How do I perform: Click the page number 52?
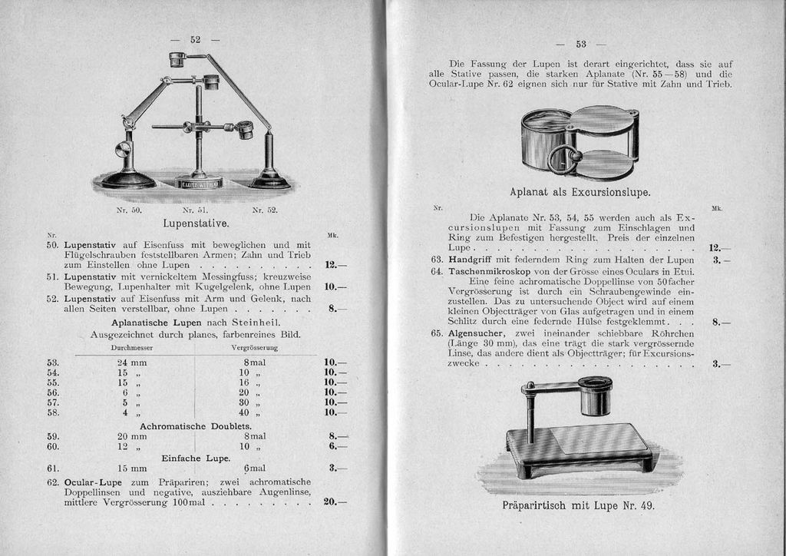[195, 40]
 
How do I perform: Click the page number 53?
[581, 44]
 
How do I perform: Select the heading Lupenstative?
[196, 223]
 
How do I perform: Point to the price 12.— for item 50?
[335, 265]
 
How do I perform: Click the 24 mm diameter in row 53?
[132, 362]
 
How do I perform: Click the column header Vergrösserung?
[254, 347]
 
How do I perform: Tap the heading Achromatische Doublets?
[196, 426]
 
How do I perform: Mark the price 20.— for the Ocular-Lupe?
[335, 501]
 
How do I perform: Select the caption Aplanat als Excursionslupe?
[580, 192]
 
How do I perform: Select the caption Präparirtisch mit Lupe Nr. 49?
[579, 505]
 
